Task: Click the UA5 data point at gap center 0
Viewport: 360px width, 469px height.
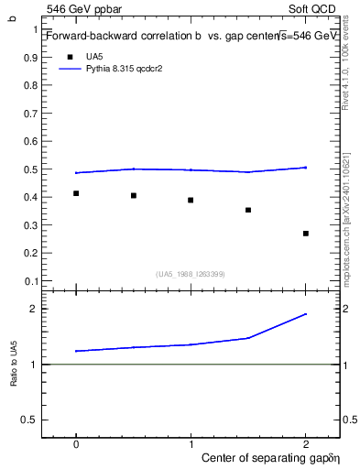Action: click(x=76, y=193)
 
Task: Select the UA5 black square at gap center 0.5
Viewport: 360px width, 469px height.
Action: click(x=134, y=195)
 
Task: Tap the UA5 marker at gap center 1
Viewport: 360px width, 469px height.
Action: click(x=191, y=200)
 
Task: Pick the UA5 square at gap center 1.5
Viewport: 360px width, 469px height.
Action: click(x=248, y=210)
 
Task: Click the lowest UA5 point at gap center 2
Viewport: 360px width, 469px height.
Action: click(x=306, y=234)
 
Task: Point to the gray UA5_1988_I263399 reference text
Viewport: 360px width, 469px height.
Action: click(x=191, y=274)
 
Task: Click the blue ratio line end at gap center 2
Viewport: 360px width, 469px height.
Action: click(x=306, y=314)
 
